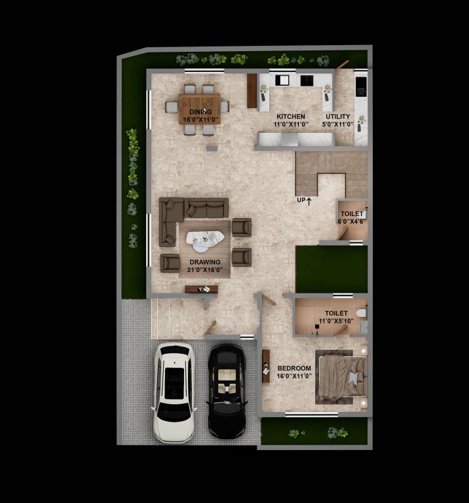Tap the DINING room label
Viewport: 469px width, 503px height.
(200, 112)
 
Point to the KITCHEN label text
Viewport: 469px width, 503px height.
(290, 117)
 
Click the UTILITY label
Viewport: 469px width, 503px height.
(338, 117)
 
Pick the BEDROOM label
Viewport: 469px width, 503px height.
(295, 369)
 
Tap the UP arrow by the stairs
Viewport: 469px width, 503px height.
(305, 200)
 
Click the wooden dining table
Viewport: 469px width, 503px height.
(200, 109)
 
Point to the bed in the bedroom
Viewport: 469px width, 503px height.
(341, 377)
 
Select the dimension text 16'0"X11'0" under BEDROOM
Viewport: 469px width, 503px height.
(295, 377)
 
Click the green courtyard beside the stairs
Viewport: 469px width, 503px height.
(331, 269)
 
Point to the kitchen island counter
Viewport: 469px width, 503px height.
(296, 139)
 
